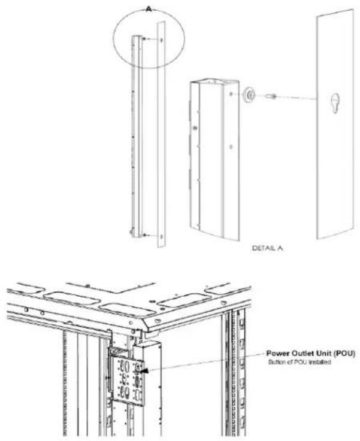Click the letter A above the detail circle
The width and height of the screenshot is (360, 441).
pos(149,9)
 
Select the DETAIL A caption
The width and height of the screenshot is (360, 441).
pos(267,248)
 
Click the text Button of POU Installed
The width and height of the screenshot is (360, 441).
pos(300,362)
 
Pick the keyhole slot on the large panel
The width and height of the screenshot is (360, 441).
pos(335,103)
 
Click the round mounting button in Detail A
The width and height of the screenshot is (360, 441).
pos(249,95)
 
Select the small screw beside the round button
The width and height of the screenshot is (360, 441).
pos(271,97)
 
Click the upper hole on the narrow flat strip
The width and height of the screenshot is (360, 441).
pos(162,40)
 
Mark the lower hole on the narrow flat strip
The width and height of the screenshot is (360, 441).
pos(162,237)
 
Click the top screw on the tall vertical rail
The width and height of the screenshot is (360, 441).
pos(144,39)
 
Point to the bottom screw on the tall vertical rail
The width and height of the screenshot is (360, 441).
pos(144,235)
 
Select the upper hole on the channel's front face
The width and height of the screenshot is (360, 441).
pos(231,94)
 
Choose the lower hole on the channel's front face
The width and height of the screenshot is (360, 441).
pos(231,147)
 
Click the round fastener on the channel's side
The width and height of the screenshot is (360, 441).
pos(195,128)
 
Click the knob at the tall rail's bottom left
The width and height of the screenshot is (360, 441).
pos(131,232)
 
